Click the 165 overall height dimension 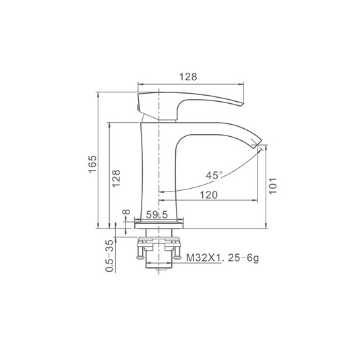(x=93, y=164)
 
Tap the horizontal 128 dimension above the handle (x=188, y=77)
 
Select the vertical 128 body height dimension (x=116, y=179)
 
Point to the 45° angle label (x=214, y=175)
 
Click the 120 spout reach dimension (x=208, y=195)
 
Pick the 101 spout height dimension (x=273, y=186)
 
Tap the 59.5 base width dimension (x=157, y=215)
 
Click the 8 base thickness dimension (x=127, y=212)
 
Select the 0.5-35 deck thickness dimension (x=110, y=256)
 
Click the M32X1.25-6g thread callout (x=222, y=258)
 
